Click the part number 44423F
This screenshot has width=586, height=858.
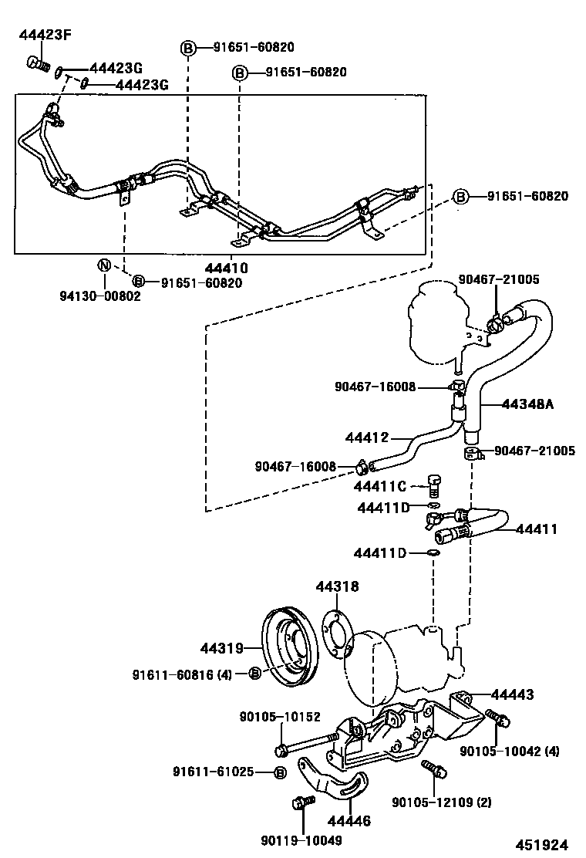click(44, 34)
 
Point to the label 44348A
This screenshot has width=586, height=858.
click(528, 404)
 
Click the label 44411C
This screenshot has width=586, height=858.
click(380, 487)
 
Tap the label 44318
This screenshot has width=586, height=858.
click(337, 587)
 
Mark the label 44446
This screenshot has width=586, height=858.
click(349, 822)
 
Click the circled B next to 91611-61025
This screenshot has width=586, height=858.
click(280, 772)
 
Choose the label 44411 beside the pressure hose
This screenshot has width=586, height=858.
click(536, 529)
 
